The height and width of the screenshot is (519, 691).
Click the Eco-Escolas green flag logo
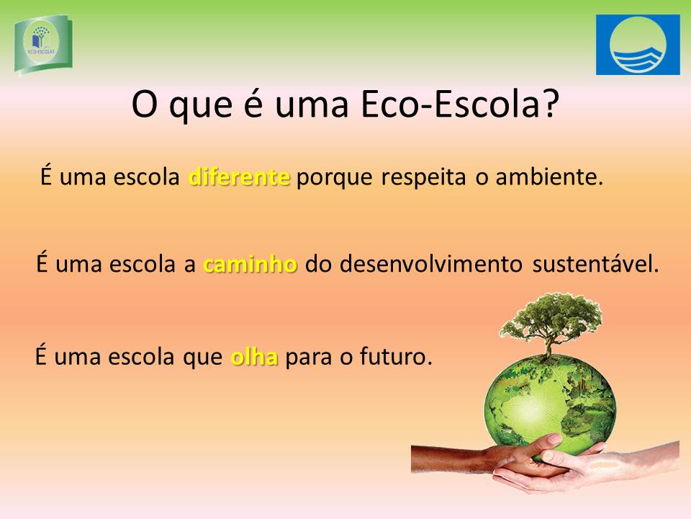[43, 44]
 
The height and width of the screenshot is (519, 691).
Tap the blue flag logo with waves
[638, 45]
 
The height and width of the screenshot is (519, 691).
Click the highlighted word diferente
[239, 177]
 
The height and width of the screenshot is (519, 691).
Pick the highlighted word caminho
[250, 264]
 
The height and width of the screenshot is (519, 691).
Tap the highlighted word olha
[254, 356]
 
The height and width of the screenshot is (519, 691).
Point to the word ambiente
[548, 177]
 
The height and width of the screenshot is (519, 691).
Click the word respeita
[423, 177]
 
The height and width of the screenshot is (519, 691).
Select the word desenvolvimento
[430, 264]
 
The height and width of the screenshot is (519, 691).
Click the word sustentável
[595, 264]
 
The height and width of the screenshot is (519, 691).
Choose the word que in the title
[201, 107]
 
